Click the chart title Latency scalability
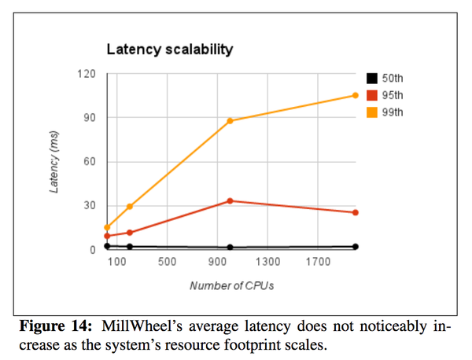coord(170,50)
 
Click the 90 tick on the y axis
coord(89,118)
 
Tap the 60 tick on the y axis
coord(89,162)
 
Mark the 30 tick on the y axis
coord(89,206)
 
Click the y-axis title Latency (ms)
coord(54,162)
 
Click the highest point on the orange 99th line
coord(356,96)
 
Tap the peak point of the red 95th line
coord(230,200)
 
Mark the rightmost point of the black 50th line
coord(356,247)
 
